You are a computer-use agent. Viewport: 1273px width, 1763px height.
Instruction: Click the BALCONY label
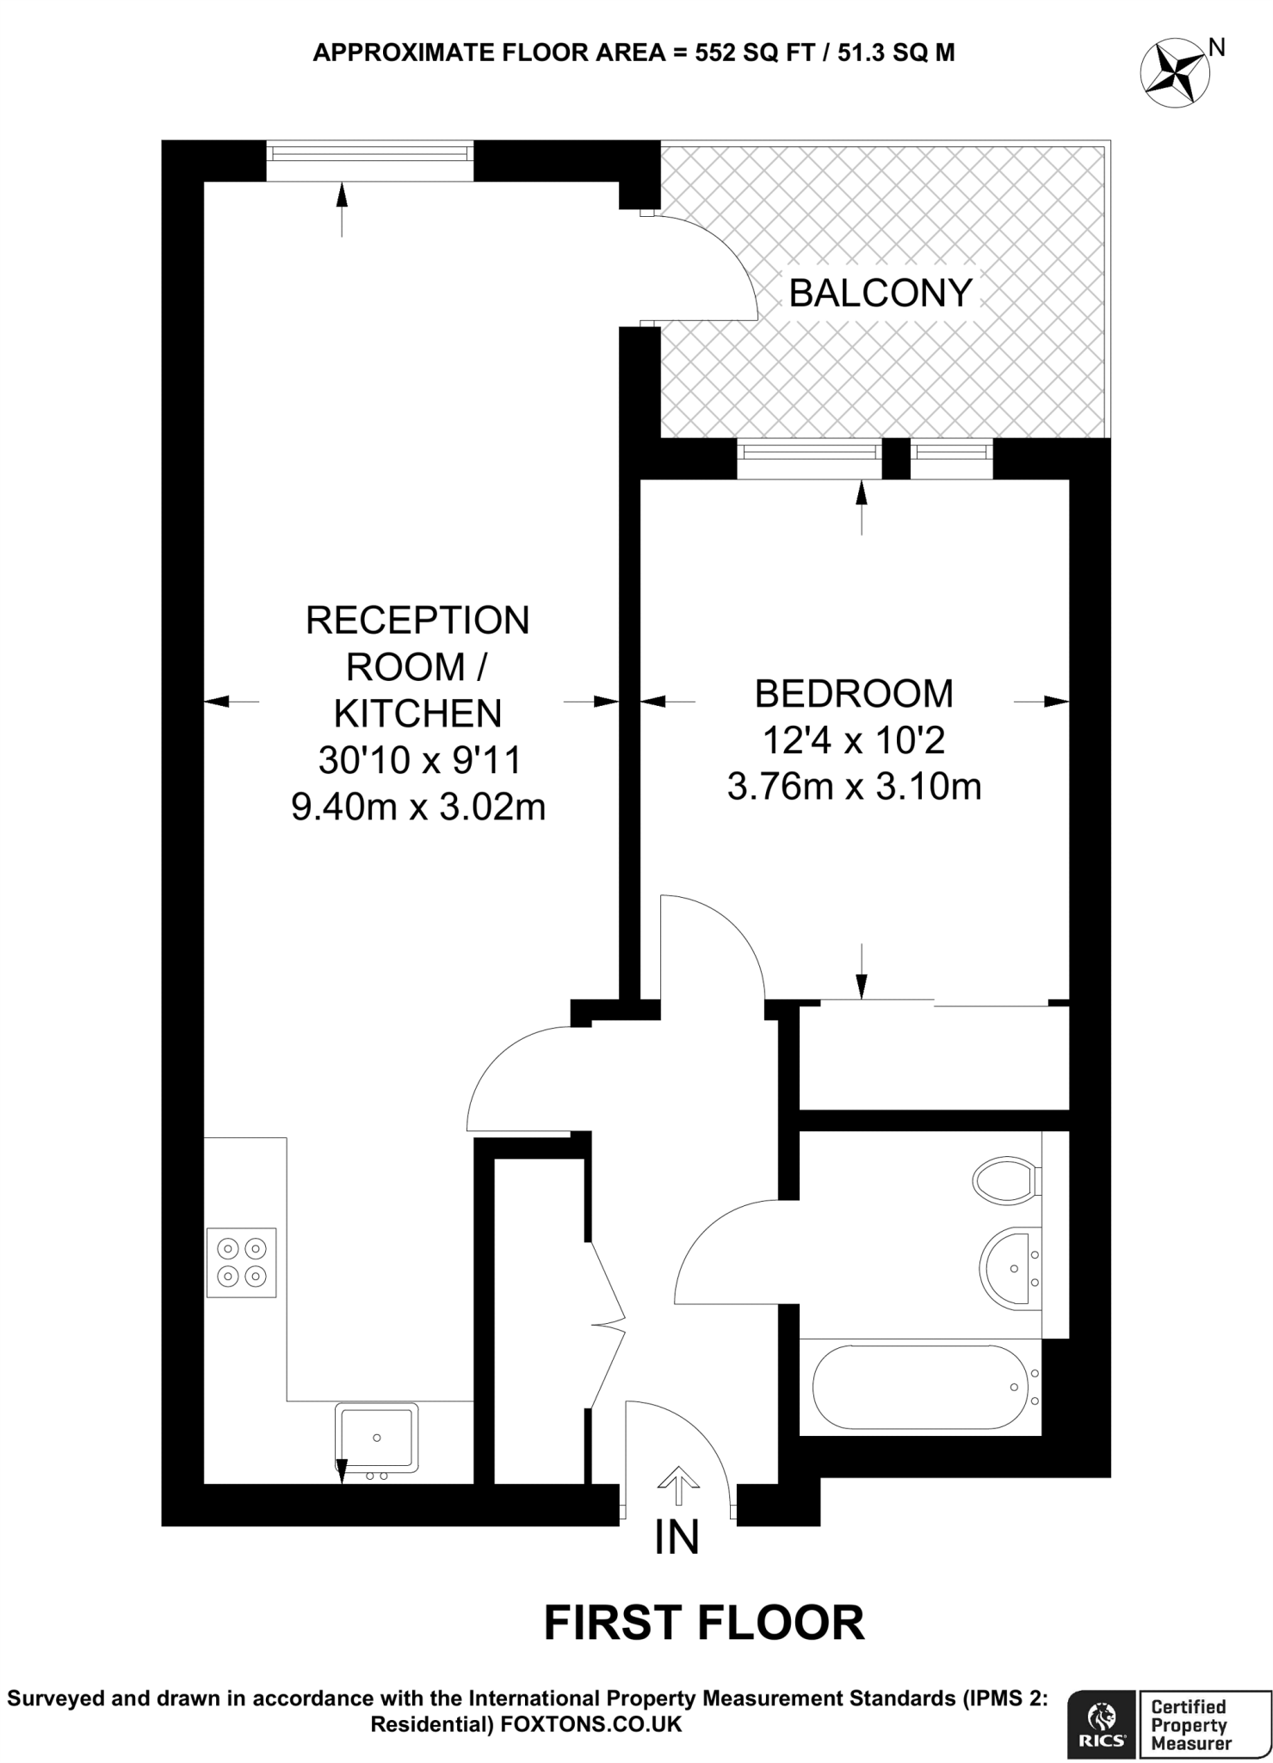tap(881, 294)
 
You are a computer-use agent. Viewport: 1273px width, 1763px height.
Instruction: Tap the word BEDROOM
tap(854, 694)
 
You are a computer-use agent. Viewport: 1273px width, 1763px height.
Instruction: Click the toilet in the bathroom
tap(1004, 1178)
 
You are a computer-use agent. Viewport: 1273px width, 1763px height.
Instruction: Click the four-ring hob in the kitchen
tap(241, 1262)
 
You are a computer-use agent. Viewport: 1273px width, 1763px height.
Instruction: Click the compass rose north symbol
tap(1173, 72)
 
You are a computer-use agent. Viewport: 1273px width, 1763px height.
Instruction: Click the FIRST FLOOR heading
tap(704, 1623)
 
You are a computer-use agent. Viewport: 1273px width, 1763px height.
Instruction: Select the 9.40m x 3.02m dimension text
tap(418, 807)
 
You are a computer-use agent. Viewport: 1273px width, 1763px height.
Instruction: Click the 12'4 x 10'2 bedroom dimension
tap(854, 739)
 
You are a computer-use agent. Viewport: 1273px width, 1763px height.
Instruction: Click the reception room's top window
tap(370, 154)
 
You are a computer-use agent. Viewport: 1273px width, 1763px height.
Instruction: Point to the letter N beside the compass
tap(1217, 49)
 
